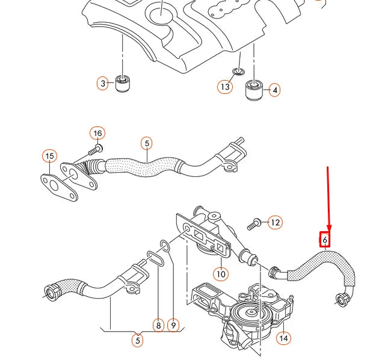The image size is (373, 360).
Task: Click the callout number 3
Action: click(103, 83)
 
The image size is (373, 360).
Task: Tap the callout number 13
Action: click(224, 87)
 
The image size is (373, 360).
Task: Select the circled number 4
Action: click(275, 91)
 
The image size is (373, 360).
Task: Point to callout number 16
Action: click(97, 133)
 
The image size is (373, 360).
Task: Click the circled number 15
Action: click(50, 157)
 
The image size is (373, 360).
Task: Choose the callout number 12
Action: click(275, 223)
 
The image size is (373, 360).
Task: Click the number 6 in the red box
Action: click(325, 240)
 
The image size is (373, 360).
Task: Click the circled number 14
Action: click(283, 338)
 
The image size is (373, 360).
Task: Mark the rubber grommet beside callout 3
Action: click(123, 82)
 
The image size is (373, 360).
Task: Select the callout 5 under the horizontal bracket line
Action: click(138, 341)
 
